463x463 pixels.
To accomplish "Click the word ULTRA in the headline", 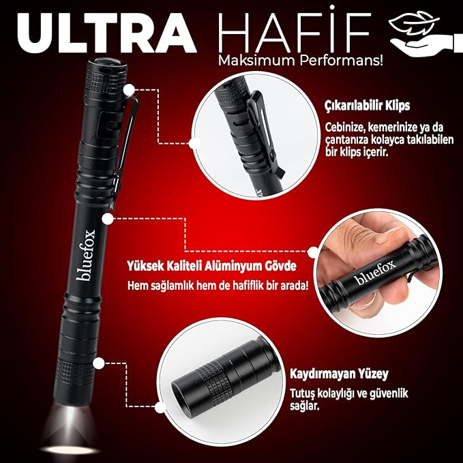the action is click(x=107, y=32).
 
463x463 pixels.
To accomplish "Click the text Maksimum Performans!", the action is click(x=300, y=61).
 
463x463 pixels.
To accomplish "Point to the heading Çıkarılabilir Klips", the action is click(x=368, y=106).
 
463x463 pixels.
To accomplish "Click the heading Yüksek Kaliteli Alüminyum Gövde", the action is click(x=211, y=266).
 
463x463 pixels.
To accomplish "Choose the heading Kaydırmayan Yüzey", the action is click(x=339, y=374).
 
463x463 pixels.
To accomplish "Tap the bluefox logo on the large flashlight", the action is click(x=86, y=255).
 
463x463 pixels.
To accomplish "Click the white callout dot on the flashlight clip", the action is click(x=129, y=90).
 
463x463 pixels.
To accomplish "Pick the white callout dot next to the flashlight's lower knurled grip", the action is click(x=99, y=363).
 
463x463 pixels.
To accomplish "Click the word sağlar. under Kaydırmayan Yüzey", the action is click(x=304, y=406).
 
